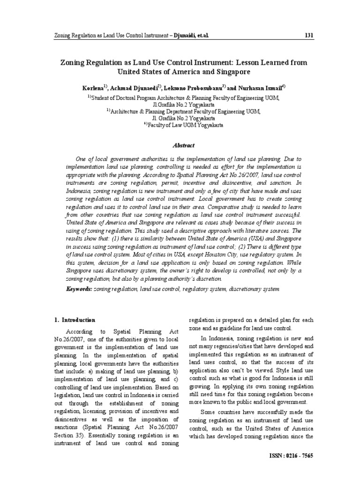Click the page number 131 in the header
click(x=309, y=36)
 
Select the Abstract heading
click(x=180, y=146)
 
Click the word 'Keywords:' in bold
click(x=79, y=290)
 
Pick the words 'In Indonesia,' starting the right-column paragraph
click(x=217, y=338)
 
